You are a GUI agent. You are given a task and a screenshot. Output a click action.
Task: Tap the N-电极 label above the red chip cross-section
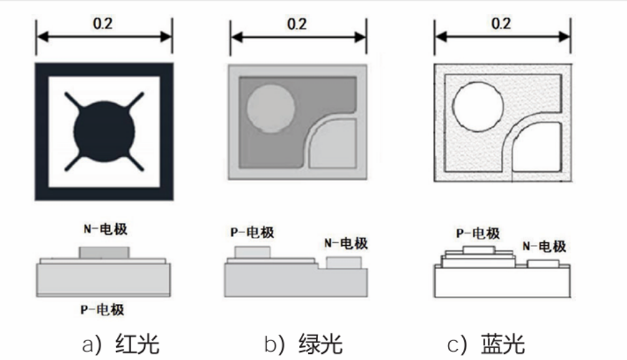(104, 229)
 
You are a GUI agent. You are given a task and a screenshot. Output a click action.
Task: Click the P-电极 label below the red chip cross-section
(103, 309)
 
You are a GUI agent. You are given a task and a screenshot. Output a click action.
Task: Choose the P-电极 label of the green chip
(252, 233)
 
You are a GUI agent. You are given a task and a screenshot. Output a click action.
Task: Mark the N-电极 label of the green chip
(346, 244)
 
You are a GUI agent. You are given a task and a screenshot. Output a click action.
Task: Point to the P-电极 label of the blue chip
(477, 233)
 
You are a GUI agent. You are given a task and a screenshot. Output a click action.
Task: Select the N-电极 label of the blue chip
(544, 246)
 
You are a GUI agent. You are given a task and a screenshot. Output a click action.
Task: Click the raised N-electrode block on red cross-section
(104, 252)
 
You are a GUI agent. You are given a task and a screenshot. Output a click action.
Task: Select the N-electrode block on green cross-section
(344, 263)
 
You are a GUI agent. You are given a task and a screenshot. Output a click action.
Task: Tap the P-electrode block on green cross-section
(252, 252)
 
